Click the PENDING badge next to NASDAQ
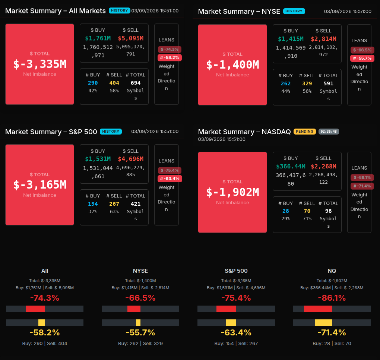click(304, 132)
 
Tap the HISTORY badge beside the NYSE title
click(294, 11)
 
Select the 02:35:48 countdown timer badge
click(329, 132)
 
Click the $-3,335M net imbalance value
click(39, 64)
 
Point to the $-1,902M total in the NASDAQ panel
click(232, 192)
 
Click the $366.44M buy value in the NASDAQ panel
click(291, 166)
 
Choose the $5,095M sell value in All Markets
click(130, 38)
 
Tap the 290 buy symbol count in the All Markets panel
click(93, 83)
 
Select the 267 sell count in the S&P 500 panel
click(114, 204)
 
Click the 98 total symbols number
click(328, 211)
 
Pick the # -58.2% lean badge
click(170, 57)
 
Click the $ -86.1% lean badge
click(362, 177)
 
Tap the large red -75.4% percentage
click(236, 298)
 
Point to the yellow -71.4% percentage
click(332, 332)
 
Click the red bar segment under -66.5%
click(134, 309)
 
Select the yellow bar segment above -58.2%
click(41, 323)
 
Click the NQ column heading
click(332, 271)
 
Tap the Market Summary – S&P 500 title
click(51, 132)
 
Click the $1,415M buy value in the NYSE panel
click(291, 39)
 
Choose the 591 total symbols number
click(328, 83)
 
